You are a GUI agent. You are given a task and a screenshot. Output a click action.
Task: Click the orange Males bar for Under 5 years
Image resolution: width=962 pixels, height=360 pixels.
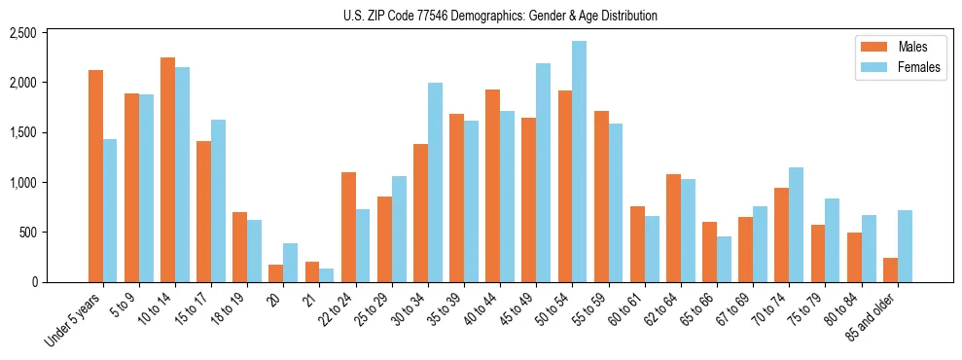point(95,176)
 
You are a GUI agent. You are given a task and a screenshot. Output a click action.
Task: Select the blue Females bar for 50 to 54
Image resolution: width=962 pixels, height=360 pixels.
point(579,162)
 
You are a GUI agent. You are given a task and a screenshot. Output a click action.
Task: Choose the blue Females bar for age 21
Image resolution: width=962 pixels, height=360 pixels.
point(326,275)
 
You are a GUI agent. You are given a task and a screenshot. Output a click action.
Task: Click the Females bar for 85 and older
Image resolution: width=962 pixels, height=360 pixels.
point(905,246)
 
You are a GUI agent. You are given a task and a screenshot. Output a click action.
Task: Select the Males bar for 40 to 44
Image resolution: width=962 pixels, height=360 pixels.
point(492,186)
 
